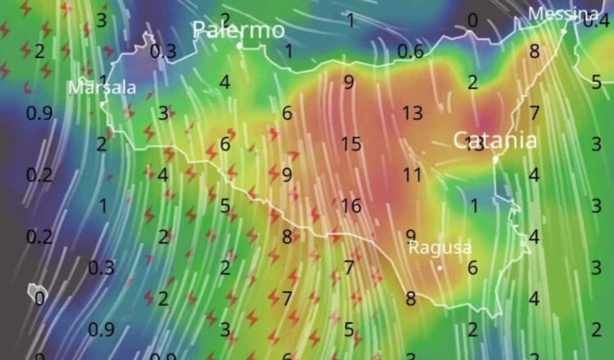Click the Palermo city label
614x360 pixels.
click(x=238, y=31)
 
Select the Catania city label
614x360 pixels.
click(x=495, y=140)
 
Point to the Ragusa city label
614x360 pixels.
click(x=440, y=246)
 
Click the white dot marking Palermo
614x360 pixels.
click(x=239, y=46)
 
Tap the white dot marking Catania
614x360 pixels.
click(x=495, y=159)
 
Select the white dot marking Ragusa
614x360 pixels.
click(x=440, y=267)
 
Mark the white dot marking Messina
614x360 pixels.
click(x=564, y=31)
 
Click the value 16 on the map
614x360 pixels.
click(x=350, y=205)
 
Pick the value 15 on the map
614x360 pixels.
click(x=350, y=144)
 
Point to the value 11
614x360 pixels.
click(x=412, y=174)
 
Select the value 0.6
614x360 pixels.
click(x=410, y=52)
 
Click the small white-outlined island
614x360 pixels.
click(x=36, y=292)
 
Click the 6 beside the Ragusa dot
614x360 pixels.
click(x=472, y=267)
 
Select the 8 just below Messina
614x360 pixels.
click(x=535, y=52)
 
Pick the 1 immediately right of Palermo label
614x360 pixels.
click(x=288, y=52)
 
